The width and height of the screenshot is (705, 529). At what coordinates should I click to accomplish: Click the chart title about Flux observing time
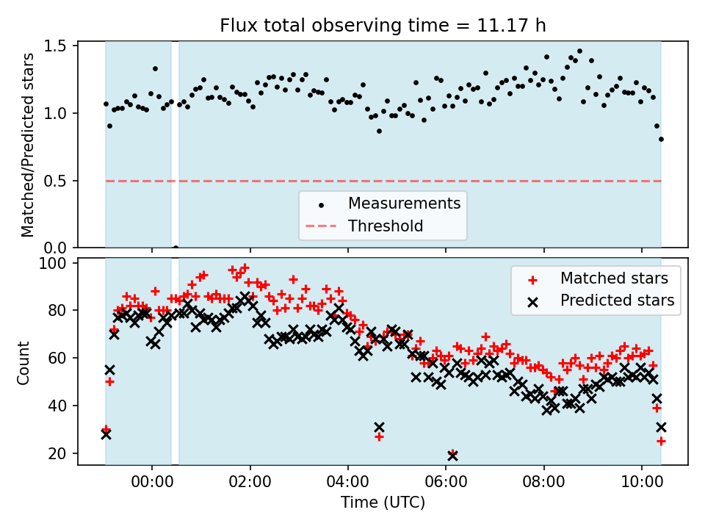tap(383, 26)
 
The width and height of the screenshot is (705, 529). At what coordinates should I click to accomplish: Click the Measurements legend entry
tap(404, 203)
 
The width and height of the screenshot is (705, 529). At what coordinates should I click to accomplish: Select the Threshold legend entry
tap(386, 226)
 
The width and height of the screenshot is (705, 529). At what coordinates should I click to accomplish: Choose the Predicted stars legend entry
tap(617, 300)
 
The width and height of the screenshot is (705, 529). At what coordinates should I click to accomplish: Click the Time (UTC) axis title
tap(383, 503)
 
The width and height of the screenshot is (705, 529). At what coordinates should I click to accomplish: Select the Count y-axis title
tap(24, 362)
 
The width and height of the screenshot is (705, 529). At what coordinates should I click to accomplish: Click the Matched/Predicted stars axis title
tap(28, 145)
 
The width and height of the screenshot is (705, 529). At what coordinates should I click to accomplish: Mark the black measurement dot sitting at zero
tap(176, 248)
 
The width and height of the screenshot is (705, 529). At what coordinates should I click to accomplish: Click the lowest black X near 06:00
tap(452, 456)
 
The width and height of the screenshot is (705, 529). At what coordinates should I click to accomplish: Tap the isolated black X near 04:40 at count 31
tap(379, 427)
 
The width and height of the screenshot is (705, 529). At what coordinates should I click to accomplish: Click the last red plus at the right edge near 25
tap(661, 441)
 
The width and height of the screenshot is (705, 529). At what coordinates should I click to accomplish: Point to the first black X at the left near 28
tap(106, 434)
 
